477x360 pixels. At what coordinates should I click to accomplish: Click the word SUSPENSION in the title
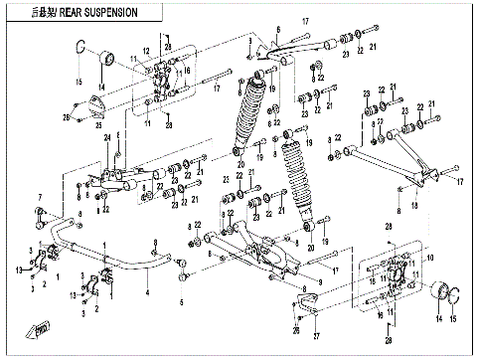(110, 12)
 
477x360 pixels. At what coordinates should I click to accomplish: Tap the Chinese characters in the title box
(37, 12)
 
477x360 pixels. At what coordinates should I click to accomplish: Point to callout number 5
(181, 301)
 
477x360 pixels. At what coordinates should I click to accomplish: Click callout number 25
(96, 124)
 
